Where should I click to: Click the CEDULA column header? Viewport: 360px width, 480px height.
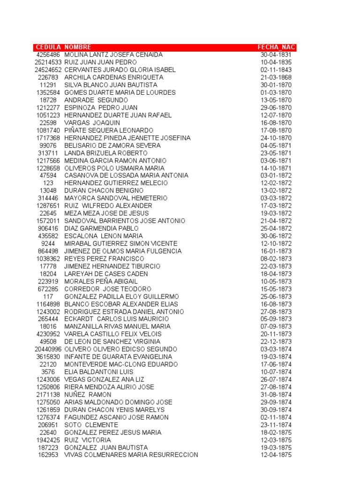[48, 47]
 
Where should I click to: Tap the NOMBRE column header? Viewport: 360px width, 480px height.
[78, 47]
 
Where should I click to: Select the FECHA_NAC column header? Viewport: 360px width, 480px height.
[276, 47]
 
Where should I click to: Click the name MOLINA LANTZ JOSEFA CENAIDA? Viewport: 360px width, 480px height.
[113, 55]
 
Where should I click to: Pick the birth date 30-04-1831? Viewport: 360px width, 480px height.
[276, 55]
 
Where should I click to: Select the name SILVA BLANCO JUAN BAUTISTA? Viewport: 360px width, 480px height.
[111, 85]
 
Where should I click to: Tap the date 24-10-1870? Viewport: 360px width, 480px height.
[276, 138]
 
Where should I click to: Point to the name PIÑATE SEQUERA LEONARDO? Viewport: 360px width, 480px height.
[109, 130]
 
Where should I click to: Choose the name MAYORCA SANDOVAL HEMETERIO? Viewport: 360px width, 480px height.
[115, 198]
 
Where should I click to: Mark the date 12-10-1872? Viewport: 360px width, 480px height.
[276, 244]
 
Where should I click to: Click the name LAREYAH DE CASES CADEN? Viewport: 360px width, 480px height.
[106, 274]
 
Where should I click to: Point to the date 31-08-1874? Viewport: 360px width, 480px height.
[276, 395]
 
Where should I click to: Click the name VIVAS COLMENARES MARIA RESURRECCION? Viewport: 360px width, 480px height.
[131, 455]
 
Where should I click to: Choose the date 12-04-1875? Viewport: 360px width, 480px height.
[276, 455]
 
